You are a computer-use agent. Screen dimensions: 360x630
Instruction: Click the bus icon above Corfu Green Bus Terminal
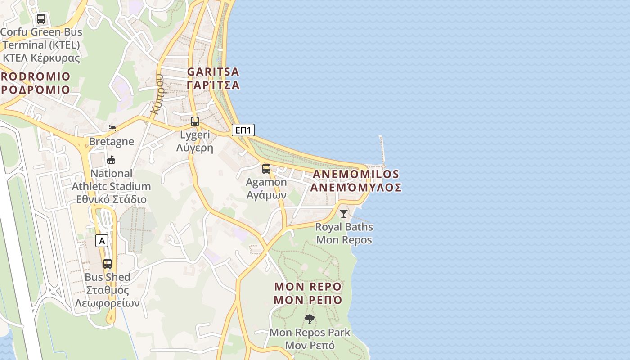tap(41, 19)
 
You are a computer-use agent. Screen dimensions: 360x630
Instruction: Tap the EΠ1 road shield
tap(243, 130)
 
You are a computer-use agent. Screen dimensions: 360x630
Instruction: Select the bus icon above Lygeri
tap(195, 121)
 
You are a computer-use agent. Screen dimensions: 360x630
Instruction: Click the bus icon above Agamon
tap(266, 169)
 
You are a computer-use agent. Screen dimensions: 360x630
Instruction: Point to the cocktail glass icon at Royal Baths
tap(344, 213)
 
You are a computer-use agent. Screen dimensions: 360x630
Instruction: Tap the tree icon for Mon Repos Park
tap(309, 319)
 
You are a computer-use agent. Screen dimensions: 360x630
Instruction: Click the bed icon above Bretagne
tap(112, 129)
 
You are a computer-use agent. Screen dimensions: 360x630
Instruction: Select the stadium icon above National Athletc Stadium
tap(111, 160)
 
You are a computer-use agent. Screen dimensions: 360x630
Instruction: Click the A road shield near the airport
tap(102, 241)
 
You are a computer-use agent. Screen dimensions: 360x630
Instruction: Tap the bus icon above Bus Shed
tap(108, 264)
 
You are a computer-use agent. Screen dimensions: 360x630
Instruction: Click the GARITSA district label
tap(213, 72)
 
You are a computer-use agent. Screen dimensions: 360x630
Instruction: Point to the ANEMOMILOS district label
tap(355, 174)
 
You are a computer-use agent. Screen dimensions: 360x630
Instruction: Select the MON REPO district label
tap(308, 287)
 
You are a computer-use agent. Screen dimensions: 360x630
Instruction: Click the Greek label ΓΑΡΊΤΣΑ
tap(213, 85)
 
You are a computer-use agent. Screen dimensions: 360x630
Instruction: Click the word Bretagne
tap(112, 141)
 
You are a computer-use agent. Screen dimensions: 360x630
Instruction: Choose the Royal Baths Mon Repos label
tap(344, 233)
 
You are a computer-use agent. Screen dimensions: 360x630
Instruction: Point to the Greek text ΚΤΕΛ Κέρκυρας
tap(41, 58)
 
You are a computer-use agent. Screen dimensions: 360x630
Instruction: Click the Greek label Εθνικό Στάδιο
tap(112, 199)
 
